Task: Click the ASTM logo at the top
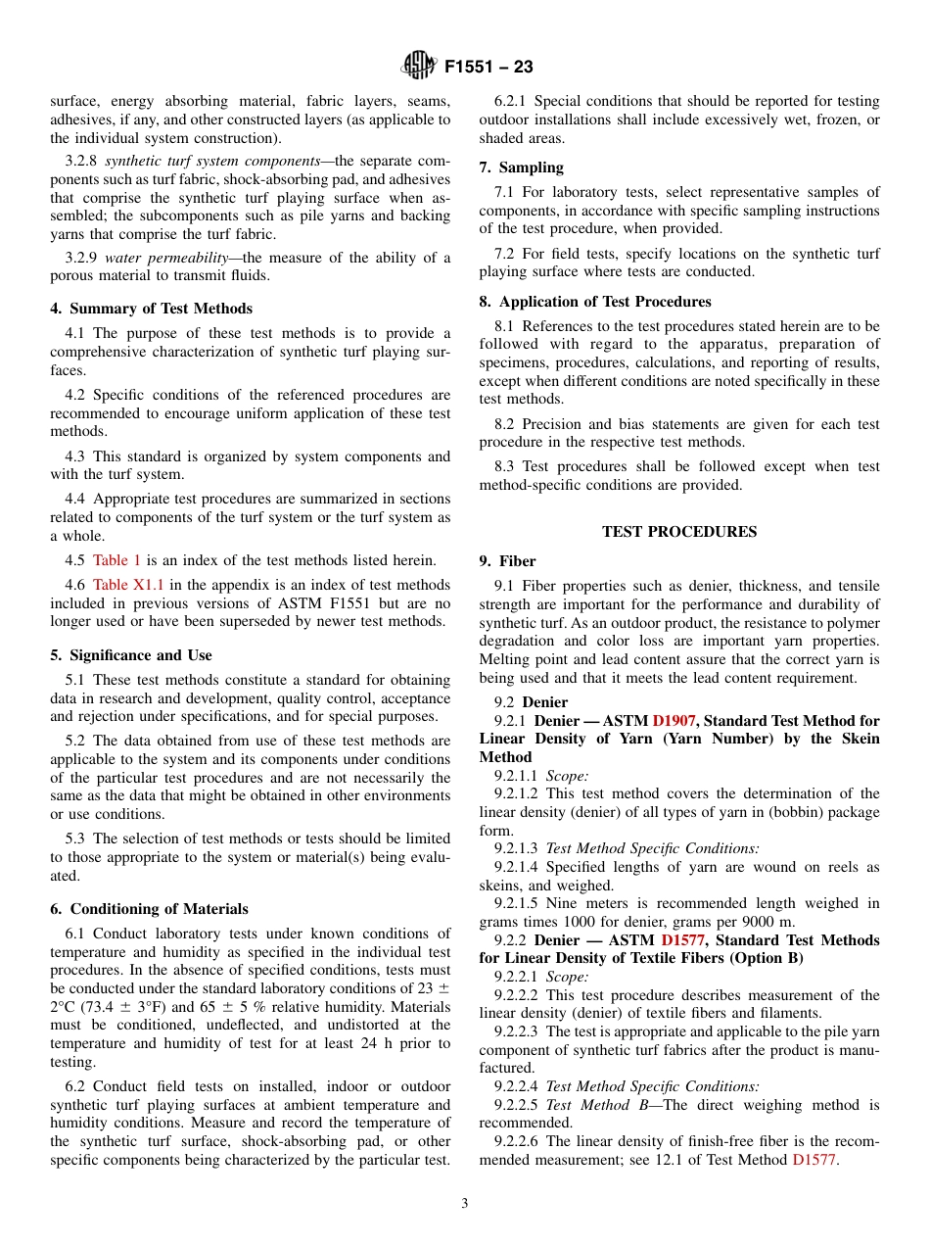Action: click(419, 67)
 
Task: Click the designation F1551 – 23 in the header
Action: click(488, 68)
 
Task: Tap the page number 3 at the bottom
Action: click(465, 1204)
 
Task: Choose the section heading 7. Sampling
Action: click(521, 168)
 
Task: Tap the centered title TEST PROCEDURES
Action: click(679, 532)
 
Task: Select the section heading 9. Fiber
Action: click(507, 561)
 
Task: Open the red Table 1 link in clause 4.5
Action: click(116, 560)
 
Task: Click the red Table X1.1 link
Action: click(124, 585)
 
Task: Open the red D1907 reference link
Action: click(674, 720)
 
